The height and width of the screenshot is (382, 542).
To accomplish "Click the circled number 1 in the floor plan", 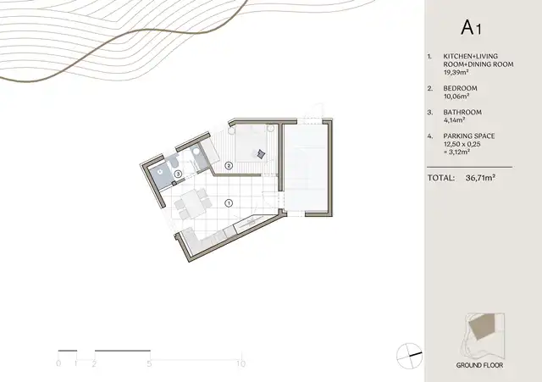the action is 229,203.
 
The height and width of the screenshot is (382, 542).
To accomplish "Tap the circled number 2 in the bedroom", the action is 229,166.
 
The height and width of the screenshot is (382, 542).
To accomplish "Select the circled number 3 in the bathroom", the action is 178,174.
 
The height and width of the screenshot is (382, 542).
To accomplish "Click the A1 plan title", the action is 471,28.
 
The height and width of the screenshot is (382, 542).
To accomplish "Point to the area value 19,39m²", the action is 456,72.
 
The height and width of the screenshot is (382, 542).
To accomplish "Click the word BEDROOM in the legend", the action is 460,88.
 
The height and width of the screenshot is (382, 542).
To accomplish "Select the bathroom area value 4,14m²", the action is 454,120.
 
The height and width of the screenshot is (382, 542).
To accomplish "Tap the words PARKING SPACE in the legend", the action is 468,136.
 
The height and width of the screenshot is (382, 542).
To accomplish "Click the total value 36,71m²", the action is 480,178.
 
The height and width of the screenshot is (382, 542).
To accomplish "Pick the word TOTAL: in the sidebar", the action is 441,178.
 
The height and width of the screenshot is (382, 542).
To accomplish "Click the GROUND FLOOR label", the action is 479,365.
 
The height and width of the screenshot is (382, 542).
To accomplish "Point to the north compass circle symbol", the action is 409,356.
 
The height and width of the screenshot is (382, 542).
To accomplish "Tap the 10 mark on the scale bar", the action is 241,363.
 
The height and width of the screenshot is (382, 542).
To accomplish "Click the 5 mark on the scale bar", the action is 149,363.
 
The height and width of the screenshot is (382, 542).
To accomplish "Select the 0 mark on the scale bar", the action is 58,363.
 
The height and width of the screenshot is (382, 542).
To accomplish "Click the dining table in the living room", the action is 190,204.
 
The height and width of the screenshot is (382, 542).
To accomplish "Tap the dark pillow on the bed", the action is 261,154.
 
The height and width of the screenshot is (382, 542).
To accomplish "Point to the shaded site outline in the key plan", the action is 482,326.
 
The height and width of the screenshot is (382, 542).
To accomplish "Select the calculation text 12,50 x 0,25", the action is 462,144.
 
